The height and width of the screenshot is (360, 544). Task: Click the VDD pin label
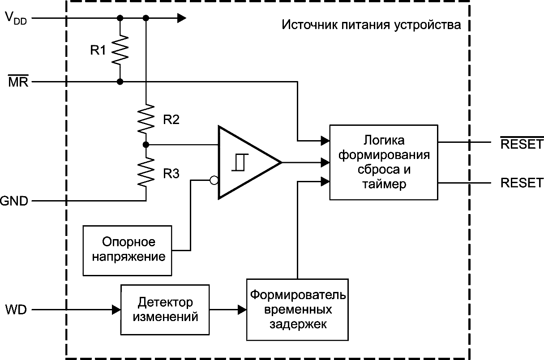coord(16,18)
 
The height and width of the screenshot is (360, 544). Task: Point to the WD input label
coord(16,309)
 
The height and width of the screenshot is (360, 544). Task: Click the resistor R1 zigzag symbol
coord(120,50)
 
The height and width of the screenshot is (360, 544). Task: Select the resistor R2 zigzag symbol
coord(146,119)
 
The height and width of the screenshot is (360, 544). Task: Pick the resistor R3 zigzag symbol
coord(146,172)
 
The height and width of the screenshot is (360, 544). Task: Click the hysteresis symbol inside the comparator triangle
coord(238,162)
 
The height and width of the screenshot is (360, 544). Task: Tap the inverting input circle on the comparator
coord(214,180)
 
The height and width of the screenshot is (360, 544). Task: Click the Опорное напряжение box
coord(127,250)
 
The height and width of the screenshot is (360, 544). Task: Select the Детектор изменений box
coord(165,309)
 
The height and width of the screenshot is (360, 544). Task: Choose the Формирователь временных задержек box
coord(297,309)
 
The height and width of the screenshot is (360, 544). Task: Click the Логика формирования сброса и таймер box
coord(383,162)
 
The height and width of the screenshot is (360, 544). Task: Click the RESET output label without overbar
coord(522,183)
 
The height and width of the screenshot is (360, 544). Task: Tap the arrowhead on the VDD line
coord(181,18)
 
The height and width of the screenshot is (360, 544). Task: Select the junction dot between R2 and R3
coord(146,145)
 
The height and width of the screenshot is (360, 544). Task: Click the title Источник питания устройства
coord(371,25)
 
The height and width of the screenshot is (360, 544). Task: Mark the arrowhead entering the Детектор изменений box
coord(116,309)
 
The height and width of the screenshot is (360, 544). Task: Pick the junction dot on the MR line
coord(120,82)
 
